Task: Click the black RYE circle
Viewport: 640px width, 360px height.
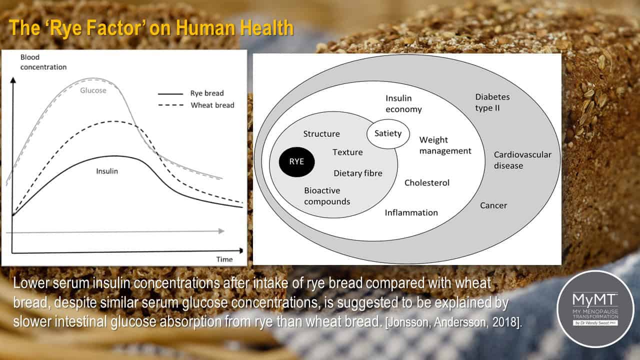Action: click(x=296, y=161)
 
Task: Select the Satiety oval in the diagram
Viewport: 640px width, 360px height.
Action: click(x=388, y=133)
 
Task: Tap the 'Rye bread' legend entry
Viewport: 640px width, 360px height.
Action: click(x=190, y=93)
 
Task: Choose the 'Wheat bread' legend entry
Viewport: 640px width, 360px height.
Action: click(x=196, y=105)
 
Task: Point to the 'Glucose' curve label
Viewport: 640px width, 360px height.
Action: click(x=93, y=90)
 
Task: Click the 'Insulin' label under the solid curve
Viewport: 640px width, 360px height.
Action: click(x=107, y=171)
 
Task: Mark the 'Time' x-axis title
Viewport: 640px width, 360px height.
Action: click(x=224, y=259)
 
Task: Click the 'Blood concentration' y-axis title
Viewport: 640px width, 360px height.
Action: click(x=43, y=62)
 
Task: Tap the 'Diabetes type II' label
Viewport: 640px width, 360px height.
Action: click(x=492, y=102)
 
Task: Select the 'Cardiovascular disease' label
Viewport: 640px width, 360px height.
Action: click(x=522, y=160)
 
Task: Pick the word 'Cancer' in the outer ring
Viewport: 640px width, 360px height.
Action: click(x=493, y=205)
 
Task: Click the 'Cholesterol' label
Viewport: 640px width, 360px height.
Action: click(x=427, y=183)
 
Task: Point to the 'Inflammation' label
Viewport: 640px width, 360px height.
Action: click(x=411, y=212)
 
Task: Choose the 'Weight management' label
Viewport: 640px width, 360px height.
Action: click(x=445, y=145)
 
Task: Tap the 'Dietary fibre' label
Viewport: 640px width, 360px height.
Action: click(x=357, y=173)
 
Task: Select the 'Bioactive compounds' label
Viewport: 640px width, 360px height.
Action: click(x=327, y=196)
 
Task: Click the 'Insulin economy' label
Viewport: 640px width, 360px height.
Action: click(x=403, y=103)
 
